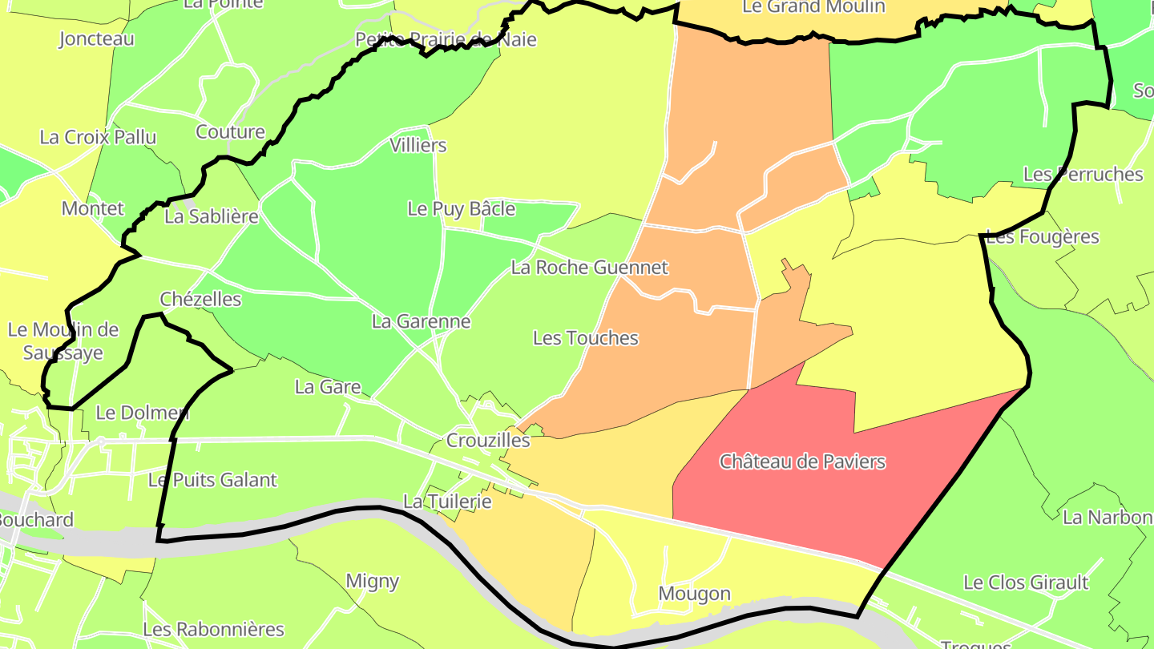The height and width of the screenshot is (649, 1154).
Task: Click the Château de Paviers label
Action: tap(802, 462)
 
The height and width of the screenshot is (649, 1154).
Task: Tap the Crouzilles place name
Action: tap(488, 440)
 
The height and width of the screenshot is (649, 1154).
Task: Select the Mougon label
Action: tap(694, 594)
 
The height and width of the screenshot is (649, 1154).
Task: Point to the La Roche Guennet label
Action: tap(589, 267)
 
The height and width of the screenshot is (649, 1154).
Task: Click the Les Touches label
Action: tap(586, 338)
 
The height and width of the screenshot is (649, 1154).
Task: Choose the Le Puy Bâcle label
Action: tap(461, 209)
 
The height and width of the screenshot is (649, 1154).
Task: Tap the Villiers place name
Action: tap(418, 145)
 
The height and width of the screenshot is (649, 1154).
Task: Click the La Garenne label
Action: tap(421, 321)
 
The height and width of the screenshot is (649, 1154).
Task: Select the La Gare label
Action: tap(328, 387)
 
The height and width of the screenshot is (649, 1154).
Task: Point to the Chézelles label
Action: tap(200, 299)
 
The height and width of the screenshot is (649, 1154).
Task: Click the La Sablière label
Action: tap(212, 216)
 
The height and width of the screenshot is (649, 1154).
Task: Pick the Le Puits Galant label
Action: tap(212, 480)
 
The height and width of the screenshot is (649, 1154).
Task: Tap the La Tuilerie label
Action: tap(446, 502)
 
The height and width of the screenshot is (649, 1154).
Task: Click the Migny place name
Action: tap(372, 581)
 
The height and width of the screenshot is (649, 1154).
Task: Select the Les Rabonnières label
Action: tap(213, 629)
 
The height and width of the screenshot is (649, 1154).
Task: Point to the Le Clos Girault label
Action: tap(1026, 582)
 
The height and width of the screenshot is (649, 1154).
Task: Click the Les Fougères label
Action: tap(1043, 237)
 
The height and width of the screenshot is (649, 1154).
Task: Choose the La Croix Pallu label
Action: tap(98, 137)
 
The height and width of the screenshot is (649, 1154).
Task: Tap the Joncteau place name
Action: tap(96, 38)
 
